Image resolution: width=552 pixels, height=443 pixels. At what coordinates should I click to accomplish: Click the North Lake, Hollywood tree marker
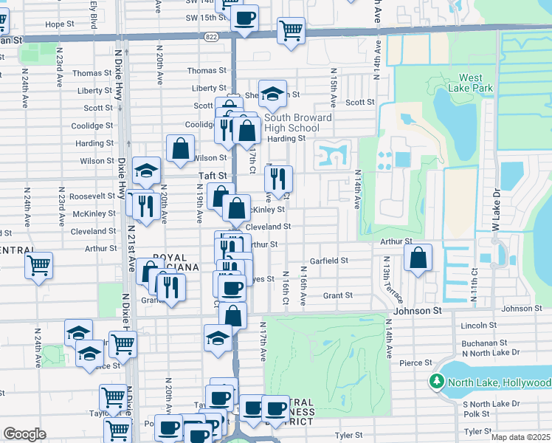[437, 382]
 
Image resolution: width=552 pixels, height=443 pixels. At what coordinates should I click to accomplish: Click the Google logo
[24, 433]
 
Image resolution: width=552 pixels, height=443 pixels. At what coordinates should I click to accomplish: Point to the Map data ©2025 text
[520, 437]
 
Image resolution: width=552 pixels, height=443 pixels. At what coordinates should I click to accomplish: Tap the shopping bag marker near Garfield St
[418, 258]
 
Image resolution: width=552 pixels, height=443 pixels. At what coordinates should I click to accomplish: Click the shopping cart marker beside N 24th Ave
[38, 264]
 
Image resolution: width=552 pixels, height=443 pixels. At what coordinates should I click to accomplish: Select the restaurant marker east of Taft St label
[278, 178]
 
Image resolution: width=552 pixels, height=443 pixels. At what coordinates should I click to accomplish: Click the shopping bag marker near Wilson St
[180, 148]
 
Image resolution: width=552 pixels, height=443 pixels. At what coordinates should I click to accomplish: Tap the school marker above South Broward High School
[272, 93]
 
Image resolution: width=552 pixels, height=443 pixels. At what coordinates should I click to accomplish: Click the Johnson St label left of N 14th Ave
[417, 311]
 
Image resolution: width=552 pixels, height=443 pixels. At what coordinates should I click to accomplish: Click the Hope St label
[56, 24]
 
